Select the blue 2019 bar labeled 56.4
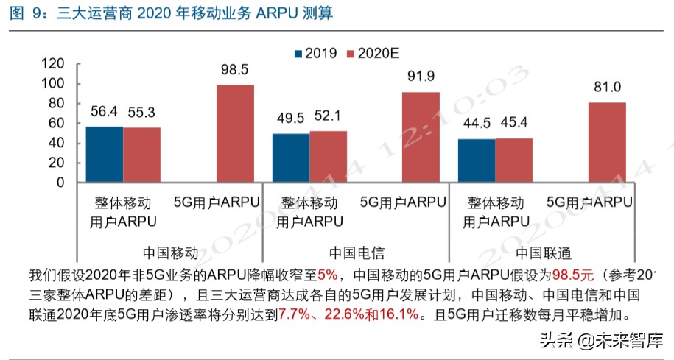coord(105,155)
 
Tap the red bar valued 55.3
coord(141,155)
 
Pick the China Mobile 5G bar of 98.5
coord(234,134)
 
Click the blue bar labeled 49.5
coord(291,158)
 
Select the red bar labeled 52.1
coord(328,157)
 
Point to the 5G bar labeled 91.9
coord(421,137)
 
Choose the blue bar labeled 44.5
coord(477,160)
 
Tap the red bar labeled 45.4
coord(513,160)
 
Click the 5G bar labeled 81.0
coord(607,142)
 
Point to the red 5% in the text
coord(327,276)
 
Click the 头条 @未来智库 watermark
coord(601,341)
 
